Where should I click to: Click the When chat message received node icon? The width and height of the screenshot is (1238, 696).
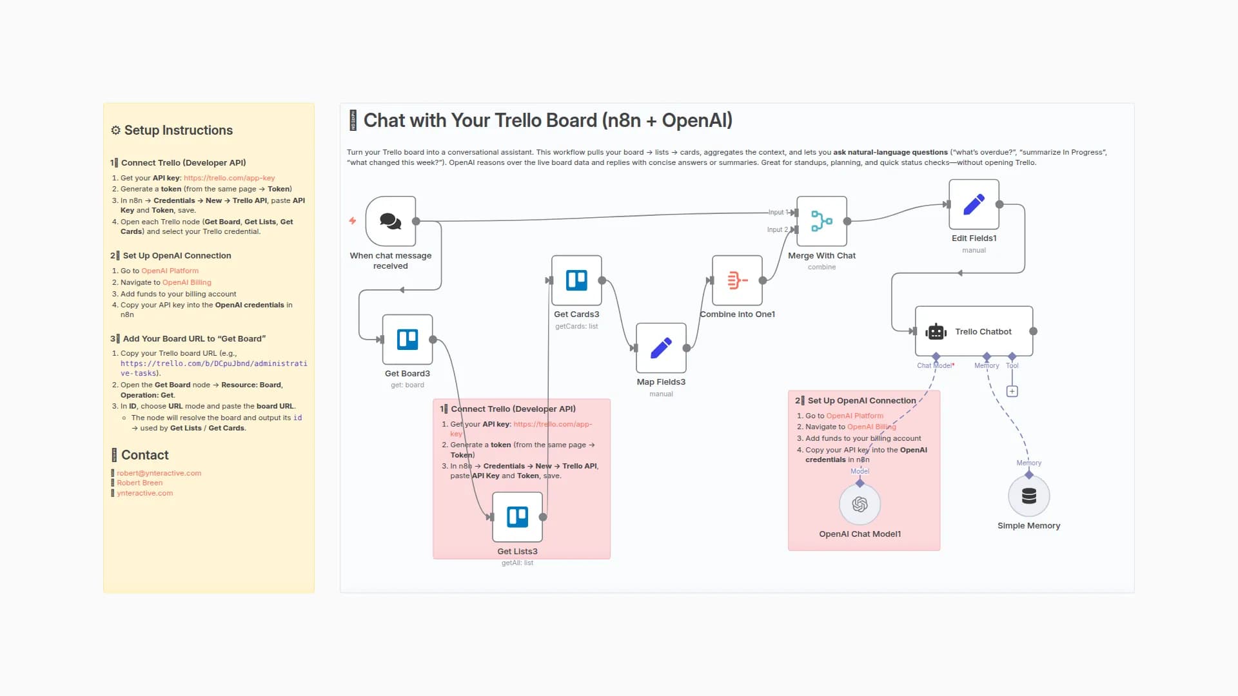(x=390, y=221)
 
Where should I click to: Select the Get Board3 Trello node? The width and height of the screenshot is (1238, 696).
(x=408, y=340)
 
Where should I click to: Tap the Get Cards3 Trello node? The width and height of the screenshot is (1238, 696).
(x=576, y=280)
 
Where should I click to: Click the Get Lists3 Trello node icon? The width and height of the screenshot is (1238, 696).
(x=517, y=517)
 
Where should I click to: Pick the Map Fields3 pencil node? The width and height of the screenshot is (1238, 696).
(x=661, y=348)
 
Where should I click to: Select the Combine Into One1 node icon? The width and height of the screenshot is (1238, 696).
(x=737, y=280)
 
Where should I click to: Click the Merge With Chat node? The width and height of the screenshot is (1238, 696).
(x=821, y=221)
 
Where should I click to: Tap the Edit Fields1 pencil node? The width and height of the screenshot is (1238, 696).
(x=974, y=204)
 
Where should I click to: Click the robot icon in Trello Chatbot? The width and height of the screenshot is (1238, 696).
(x=936, y=332)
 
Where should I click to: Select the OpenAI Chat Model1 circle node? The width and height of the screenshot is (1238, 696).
(x=860, y=505)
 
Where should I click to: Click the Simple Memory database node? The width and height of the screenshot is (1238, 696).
(x=1029, y=496)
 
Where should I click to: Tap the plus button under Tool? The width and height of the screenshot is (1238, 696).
(x=1012, y=391)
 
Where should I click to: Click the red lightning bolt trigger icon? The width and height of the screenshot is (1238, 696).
(x=353, y=221)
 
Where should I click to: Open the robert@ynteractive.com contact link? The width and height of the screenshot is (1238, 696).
(x=159, y=473)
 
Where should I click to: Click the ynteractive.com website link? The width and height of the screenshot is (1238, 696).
(x=144, y=493)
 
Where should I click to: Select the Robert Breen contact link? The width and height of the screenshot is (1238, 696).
(x=139, y=483)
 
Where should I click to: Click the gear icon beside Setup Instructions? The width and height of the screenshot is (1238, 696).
(x=115, y=130)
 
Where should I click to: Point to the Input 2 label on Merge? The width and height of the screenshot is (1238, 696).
(x=777, y=229)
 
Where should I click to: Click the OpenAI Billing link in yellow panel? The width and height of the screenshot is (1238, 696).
(x=186, y=282)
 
